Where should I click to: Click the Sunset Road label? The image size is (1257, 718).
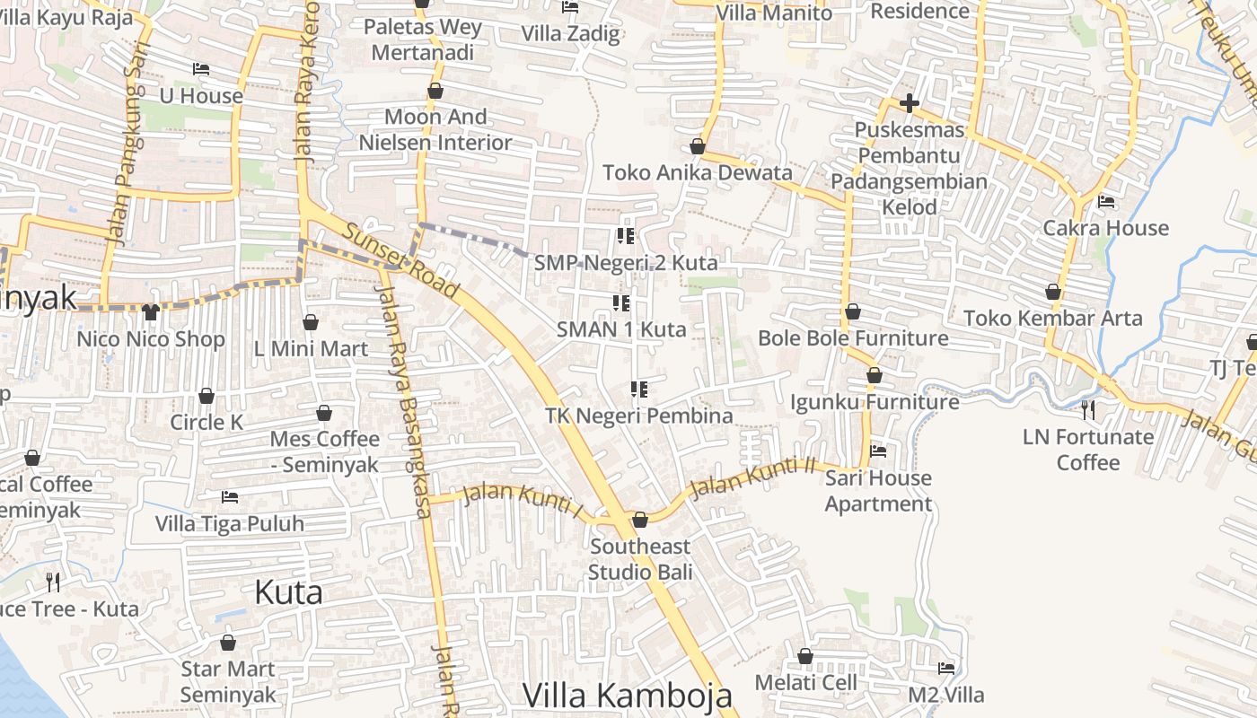coord(401,261)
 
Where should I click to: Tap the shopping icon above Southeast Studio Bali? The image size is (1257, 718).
coord(640,520)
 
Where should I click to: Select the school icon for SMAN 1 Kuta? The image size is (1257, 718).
coord(620,303)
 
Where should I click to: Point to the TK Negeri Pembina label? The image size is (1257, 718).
coord(639,416)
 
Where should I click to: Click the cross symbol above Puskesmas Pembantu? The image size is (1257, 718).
coord(909,103)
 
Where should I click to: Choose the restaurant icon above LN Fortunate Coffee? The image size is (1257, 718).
coord(1088,410)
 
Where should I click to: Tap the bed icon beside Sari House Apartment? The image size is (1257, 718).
coord(878,451)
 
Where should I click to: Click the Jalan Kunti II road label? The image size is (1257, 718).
coord(742,476)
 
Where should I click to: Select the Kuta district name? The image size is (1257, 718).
coord(288,592)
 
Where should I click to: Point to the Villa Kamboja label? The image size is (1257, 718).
coord(627,696)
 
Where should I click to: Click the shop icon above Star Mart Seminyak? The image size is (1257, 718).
coord(228,643)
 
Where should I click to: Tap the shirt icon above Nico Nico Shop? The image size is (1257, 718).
coord(150,312)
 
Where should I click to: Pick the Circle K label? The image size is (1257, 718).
coord(207,422)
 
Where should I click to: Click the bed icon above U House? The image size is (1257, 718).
coord(201,69)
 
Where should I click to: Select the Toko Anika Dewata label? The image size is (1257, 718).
coord(698,172)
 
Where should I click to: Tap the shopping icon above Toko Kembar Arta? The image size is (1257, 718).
coord(1053,292)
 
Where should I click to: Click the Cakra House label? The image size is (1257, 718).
coord(1105,228)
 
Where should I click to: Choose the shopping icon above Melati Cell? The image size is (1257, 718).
coord(805,656)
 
